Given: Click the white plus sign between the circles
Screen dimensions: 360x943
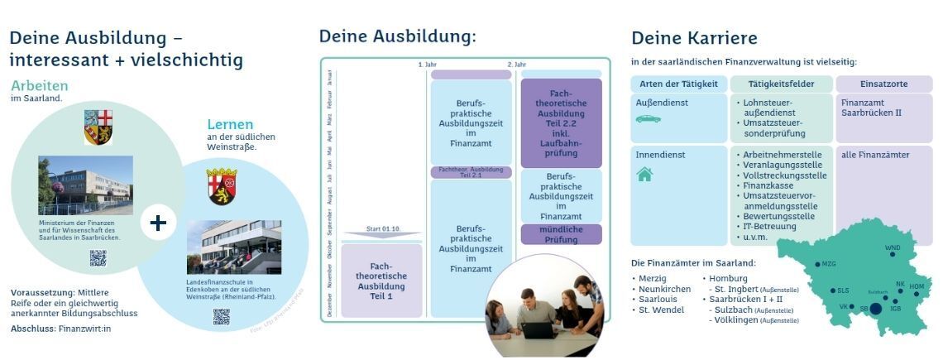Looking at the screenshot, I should (158, 223).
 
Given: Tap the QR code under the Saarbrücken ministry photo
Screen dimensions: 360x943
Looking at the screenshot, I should (98, 257).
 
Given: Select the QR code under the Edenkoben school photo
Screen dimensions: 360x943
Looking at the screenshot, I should (221, 316).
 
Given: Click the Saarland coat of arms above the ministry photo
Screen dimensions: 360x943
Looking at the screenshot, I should (98, 127).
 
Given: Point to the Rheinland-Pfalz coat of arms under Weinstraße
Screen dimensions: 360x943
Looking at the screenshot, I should (222, 187).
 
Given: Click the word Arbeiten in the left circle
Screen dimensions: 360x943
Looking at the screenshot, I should (40, 86).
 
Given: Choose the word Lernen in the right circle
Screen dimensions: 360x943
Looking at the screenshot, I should (230, 124).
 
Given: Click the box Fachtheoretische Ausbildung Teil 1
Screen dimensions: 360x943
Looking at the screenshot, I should (381, 281).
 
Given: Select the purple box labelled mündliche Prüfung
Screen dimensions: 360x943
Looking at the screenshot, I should (561, 234).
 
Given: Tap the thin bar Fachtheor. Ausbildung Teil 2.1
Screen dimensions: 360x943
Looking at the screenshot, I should (471, 172).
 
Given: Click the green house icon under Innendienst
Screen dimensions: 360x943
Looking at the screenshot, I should (644, 174).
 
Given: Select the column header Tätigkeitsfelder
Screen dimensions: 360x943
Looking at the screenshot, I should (781, 84).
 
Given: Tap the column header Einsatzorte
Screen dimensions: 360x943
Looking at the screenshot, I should (883, 84).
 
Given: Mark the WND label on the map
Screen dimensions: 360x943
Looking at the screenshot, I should (893, 247).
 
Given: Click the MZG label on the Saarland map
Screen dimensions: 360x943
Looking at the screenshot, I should (828, 264).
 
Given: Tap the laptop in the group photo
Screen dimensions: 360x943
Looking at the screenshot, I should (537, 329).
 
